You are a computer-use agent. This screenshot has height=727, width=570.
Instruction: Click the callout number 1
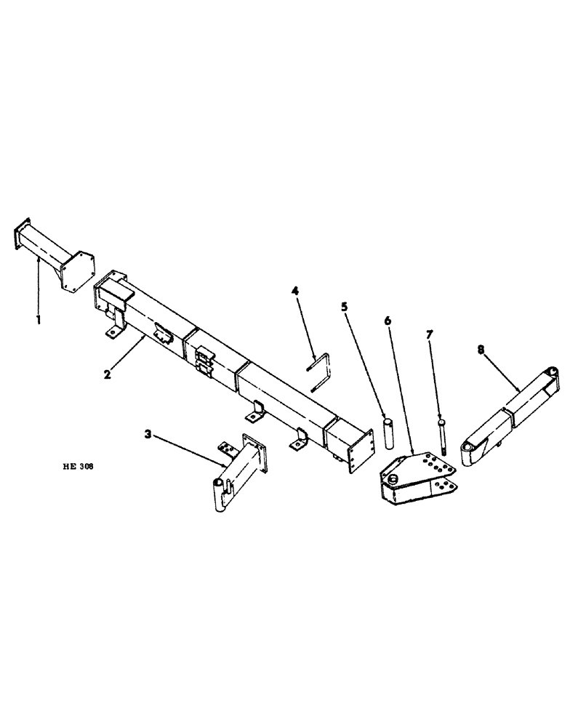tap(39, 319)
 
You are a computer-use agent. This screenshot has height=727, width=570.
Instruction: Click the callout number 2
tap(107, 375)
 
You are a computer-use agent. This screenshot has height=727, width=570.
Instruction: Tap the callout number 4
tap(295, 292)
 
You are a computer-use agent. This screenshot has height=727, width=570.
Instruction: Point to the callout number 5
tap(344, 308)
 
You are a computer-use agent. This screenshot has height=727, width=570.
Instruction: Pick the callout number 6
tap(388, 320)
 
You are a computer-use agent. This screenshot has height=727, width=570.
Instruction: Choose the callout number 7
tap(430, 334)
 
